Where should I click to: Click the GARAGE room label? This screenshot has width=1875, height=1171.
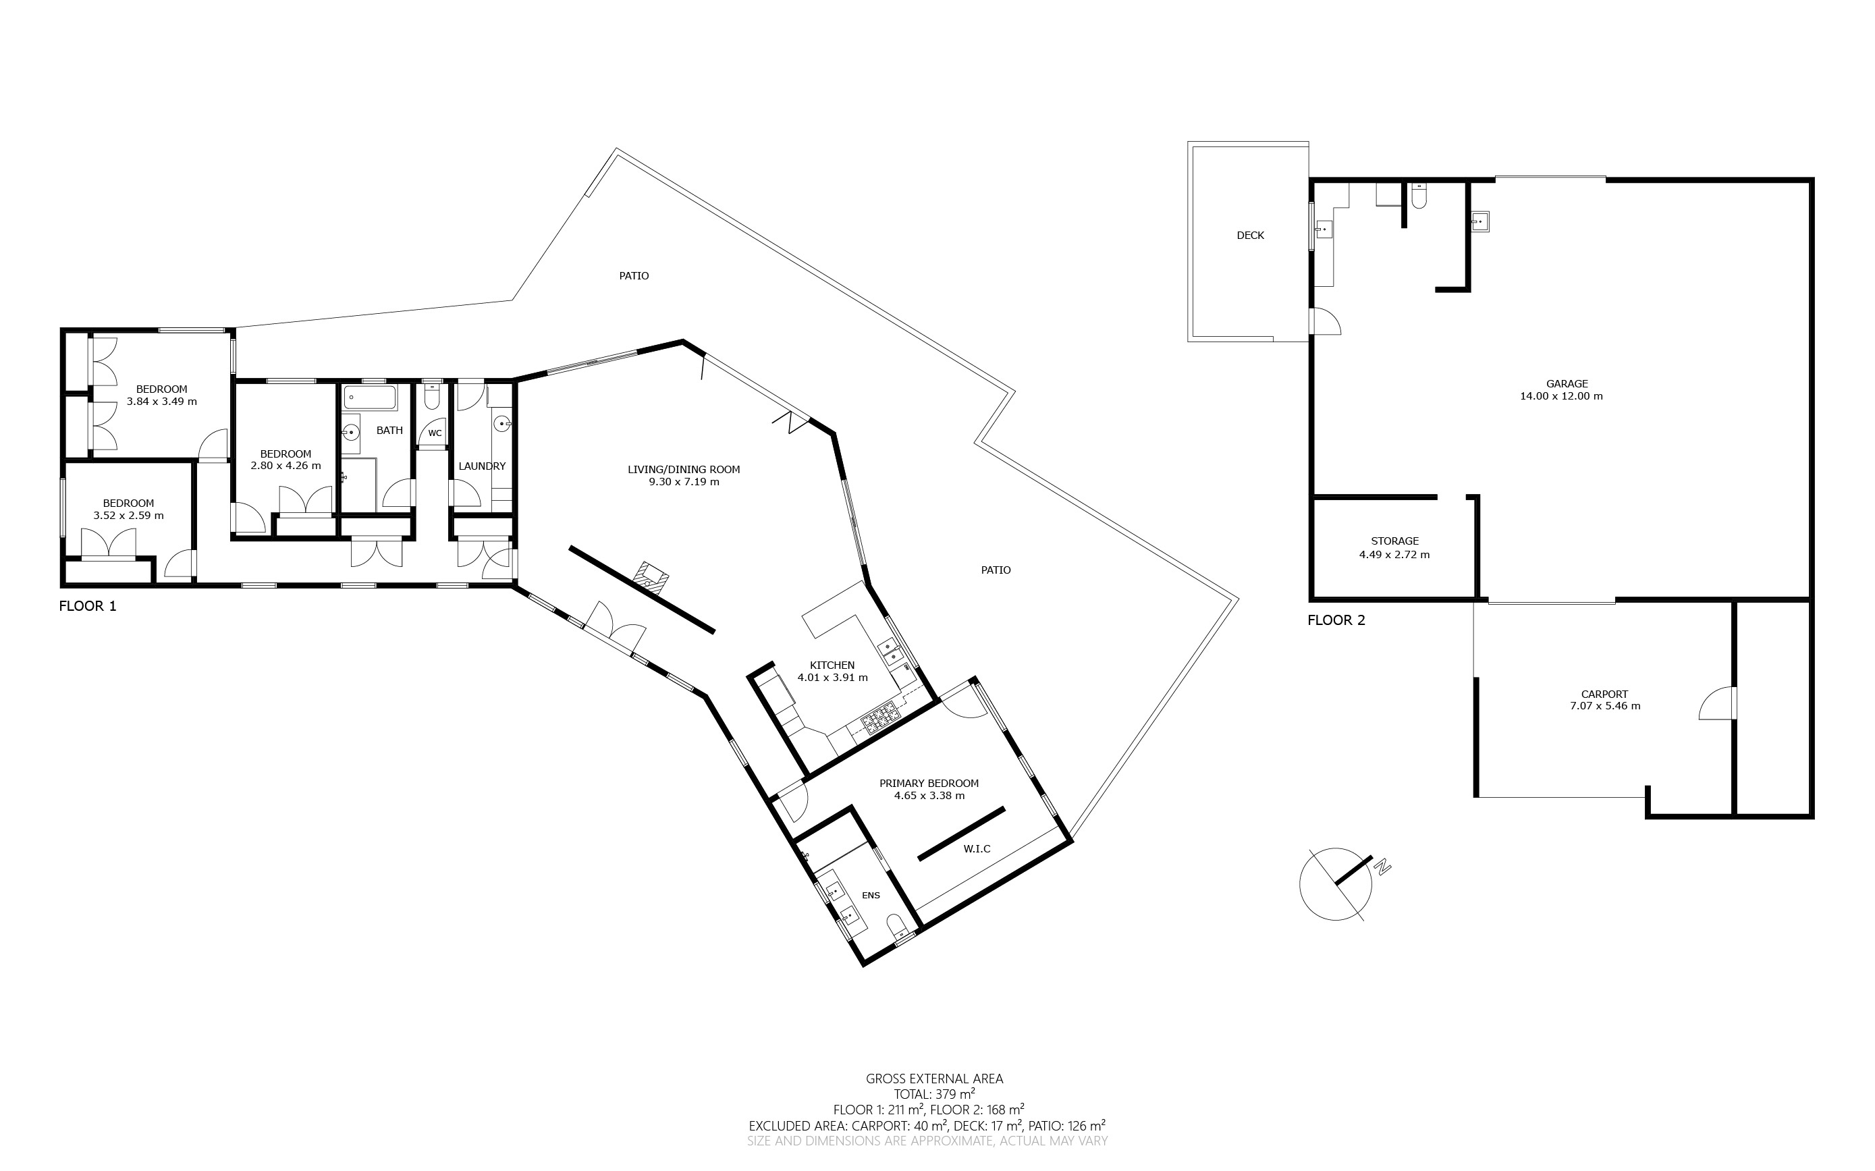(1567, 383)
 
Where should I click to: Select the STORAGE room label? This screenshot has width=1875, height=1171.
(1395, 541)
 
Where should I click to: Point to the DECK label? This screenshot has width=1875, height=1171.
(1250, 236)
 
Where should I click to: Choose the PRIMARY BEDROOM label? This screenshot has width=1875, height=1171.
(929, 783)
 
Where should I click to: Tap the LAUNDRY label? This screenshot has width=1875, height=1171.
(482, 466)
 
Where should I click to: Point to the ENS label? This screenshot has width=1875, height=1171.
(871, 895)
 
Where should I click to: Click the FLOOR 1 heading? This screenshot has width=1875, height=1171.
(88, 605)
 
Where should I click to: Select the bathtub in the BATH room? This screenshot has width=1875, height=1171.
(370, 399)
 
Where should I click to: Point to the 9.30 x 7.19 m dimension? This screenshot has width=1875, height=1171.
(684, 482)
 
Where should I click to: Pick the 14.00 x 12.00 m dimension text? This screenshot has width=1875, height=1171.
(1561, 396)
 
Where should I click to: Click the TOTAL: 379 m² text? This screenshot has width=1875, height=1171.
(934, 1094)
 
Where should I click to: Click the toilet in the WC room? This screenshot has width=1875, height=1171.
(432, 398)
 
